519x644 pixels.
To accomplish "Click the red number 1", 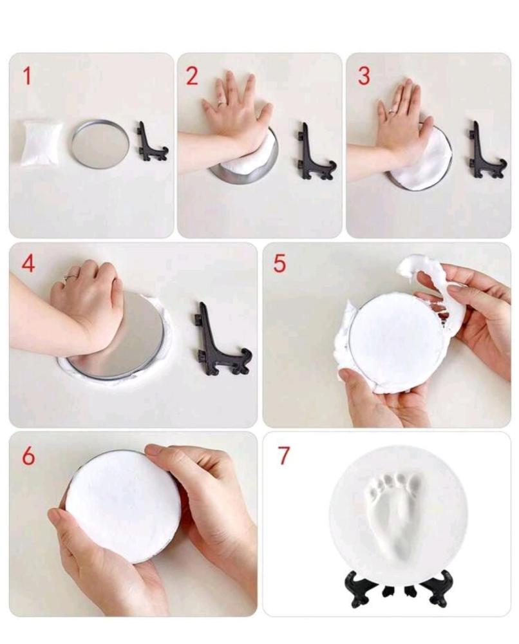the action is pos(27,76).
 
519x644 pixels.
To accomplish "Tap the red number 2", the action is pos(192,76).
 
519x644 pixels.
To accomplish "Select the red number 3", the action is pos(364,76).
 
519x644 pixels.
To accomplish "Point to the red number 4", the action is pos(28,263).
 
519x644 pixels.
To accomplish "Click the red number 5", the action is pos(279,263).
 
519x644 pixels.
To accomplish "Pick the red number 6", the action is pos(28,455).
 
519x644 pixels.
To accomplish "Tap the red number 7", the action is pos(284,455).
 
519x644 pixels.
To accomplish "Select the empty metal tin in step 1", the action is pos(100,143).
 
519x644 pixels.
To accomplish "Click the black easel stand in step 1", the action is pos(150,142).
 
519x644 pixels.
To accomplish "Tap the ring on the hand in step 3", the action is pos(392,111).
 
